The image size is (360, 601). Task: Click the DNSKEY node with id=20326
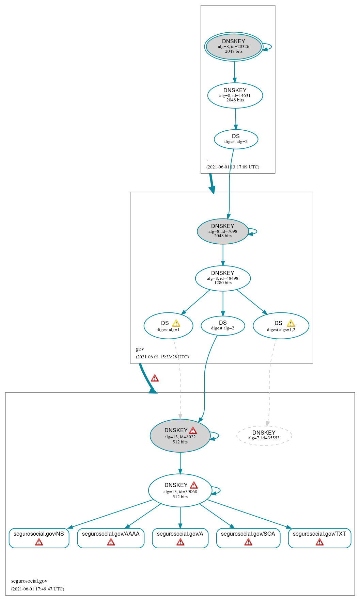[234, 47]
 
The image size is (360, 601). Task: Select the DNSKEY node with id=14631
[235, 95]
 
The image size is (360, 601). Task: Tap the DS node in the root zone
[236, 139]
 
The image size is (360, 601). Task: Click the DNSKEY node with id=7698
[223, 231]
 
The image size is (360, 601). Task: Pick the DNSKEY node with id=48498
[223, 278]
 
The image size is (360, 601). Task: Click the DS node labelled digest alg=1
[168, 326]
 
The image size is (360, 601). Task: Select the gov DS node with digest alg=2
[223, 325]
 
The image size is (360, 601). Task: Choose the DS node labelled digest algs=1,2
[281, 326]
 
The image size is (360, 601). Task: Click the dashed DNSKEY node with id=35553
[264, 435]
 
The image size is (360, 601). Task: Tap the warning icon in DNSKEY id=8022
[193, 431]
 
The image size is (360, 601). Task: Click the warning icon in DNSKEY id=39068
[194, 485]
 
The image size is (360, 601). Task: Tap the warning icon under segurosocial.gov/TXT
[319, 542]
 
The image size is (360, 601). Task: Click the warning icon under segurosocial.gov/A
[180, 542]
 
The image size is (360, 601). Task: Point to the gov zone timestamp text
[162, 357]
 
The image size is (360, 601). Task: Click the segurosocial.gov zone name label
[29, 581]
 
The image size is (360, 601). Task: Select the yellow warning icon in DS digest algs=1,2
[291, 323]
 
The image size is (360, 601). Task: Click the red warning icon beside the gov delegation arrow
[155, 378]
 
